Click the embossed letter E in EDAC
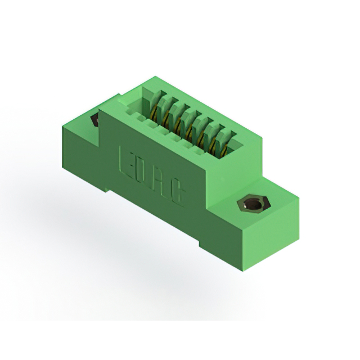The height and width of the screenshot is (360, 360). [x=125, y=160]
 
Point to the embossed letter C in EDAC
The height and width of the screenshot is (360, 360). [x=179, y=193]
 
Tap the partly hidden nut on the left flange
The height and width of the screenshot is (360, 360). [x=94, y=120]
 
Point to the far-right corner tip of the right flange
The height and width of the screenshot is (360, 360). [x=299, y=196]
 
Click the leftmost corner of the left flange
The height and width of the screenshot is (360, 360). [x=62, y=127]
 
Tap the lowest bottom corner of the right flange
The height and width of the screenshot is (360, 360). [x=243, y=271]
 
